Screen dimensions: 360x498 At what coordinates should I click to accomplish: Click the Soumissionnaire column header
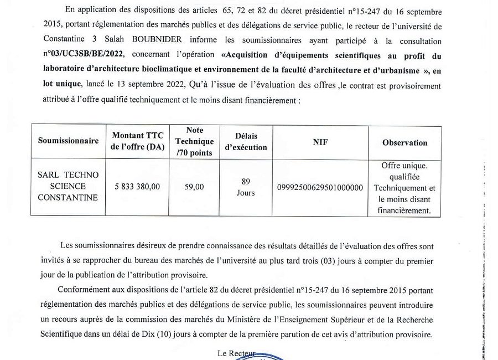pyautogui.click(x=68, y=141)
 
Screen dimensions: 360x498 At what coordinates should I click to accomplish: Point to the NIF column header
pyautogui.click(x=320, y=141)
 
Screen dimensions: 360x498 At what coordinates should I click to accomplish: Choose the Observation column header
pyautogui.click(x=404, y=142)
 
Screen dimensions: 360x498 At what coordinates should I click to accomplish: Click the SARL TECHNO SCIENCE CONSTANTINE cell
pyautogui.click(x=68, y=187)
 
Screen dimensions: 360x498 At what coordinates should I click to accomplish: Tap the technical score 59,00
pyautogui.click(x=194, y=187)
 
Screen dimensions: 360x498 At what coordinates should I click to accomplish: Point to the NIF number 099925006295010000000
pyautogui.click(x=320, y=188)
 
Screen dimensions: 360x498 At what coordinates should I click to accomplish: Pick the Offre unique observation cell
pyautogui.click(x=404, y=188)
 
